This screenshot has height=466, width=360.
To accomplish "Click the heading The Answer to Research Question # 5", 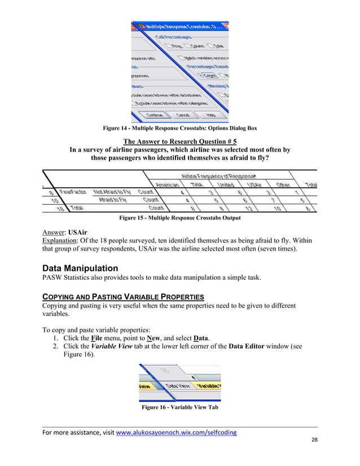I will pos(179,141).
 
